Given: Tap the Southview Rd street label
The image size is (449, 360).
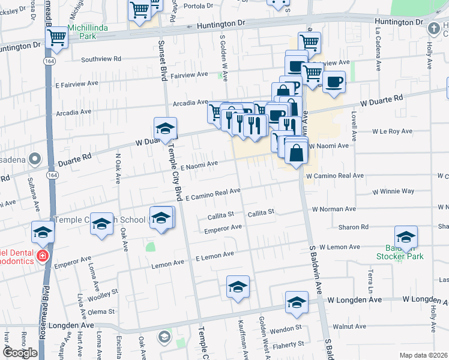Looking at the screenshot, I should (101, 59).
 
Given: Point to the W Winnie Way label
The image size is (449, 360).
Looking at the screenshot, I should (393, 191).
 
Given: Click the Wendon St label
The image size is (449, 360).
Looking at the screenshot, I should (286, 328).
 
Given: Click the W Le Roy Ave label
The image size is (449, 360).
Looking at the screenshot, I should (392, 131).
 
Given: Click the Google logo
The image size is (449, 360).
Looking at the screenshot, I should (20, 352).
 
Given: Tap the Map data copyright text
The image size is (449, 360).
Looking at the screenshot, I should (424, 355).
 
